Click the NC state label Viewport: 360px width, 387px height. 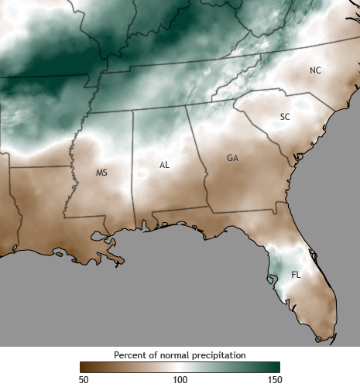315,70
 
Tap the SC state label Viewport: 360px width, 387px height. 285,117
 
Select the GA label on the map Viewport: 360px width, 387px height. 232,158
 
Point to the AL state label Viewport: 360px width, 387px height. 164,165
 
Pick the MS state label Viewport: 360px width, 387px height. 101,173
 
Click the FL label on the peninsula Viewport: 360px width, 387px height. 296,275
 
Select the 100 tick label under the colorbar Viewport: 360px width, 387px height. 180,379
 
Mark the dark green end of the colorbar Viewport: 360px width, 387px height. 276,367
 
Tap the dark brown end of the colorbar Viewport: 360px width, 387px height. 83,367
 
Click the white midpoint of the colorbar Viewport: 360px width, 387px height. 180,367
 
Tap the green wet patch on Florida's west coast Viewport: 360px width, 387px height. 276,267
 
